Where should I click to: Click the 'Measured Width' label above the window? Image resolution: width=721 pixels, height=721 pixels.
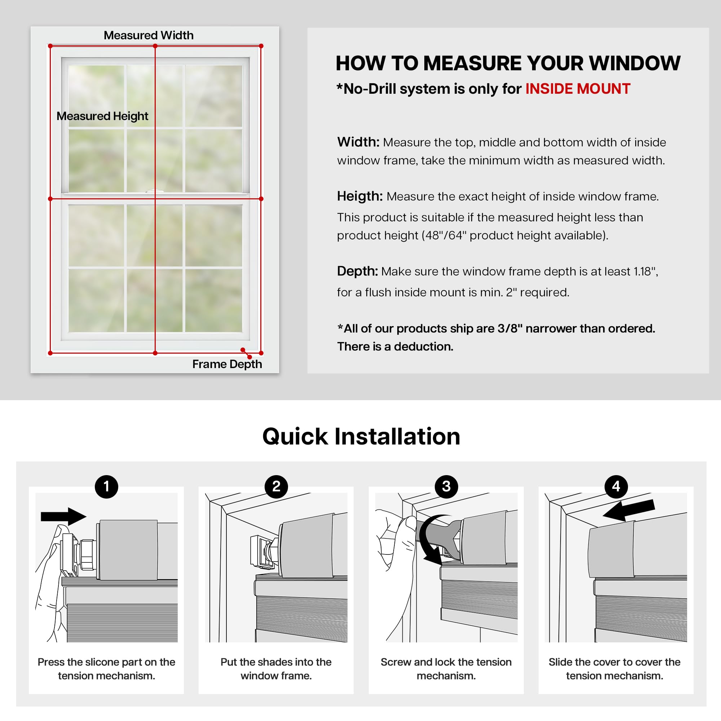(x=149, y=35)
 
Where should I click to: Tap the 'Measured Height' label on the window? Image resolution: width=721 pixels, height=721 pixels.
(x=102, y=116)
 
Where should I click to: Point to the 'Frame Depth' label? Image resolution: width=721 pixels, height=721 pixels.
(x=227, y=364)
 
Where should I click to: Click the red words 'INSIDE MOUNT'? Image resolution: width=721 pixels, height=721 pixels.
(x=578, y=89)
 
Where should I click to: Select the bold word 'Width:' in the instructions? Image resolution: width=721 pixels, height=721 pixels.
(x=358, y=142)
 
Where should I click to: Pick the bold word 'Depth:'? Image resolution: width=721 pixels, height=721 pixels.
(x=358, y=271)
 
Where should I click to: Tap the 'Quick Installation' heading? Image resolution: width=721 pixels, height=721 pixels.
(x=361, y=436)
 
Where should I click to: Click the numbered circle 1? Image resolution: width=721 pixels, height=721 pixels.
(x=106, y=486)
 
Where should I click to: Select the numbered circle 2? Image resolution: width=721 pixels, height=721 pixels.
(x=276, y=486)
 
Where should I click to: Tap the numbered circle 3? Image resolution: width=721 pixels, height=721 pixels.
(x=446, y=486)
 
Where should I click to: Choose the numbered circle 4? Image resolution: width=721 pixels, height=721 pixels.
(x=616, y=486)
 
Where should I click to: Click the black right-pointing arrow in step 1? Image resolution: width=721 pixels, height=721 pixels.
(x=63, y=517)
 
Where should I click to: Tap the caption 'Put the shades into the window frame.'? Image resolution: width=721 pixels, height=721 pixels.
(x=276, y=669)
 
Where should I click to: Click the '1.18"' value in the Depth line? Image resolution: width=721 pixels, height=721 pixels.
(x=645, y=271)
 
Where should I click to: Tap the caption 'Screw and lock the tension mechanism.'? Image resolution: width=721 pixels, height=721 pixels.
(x=446, y=669)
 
